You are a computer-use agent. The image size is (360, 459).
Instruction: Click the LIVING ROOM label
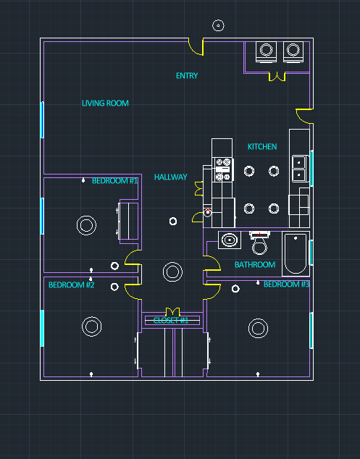pyautogui.click(x=105, y=103)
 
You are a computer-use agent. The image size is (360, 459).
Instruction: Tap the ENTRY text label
pyautogui.click(x=187, y=76)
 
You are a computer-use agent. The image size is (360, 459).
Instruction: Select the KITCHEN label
pyautogui.click(x=262, y=146)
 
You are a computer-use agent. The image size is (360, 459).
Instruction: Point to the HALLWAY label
pyautogui.click(x=170, y=177)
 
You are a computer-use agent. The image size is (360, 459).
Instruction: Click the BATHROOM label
pyautogui.click(x=255, y=265)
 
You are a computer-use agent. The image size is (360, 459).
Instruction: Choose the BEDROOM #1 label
pyautogui.click(x=115, y=180)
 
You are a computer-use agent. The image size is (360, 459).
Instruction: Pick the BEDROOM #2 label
pyautogui.click(x=72, y=285)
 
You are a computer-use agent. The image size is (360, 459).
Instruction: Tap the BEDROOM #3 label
pyautogui.click(x=286, y=285)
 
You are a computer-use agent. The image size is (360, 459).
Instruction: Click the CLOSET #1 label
pyautogui.click(x=171, y=320)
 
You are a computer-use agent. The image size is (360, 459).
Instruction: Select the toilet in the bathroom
pyautogui.click(x=259, y=243)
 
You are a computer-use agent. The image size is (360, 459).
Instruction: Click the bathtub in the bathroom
pyautogui.click(x=296, y=253)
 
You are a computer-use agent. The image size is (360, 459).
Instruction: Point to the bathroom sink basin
pyautogui.click(x=230, y=240)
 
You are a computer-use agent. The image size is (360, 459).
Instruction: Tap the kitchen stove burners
pyautogui.click(x=223, y=169)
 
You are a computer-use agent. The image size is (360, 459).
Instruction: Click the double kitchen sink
pyautogui.click(x=299, y=169)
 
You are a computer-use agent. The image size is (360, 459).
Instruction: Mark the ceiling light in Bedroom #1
pyautogui.click(x=86, y=225)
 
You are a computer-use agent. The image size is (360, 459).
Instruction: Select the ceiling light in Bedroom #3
pyautogui.click(x=258, y=328)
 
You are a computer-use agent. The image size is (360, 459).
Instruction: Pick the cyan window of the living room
pyautogui.click(x=42, y=119)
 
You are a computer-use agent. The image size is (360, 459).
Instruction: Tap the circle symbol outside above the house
pyautogui.click(x=218, y=25)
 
